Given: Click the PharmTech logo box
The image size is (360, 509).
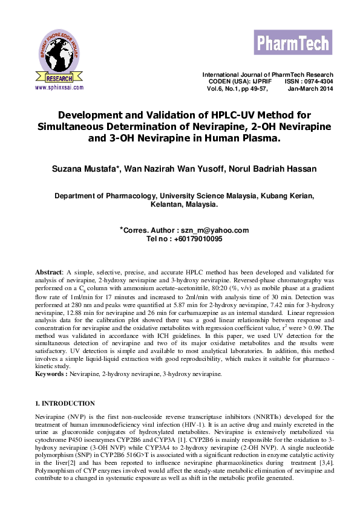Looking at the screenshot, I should pos(293,42).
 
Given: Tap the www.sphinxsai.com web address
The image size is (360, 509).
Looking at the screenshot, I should pos(59,87).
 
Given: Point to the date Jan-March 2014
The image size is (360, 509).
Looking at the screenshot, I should pos(311,88).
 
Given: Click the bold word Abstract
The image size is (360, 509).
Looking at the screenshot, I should pos(48,273).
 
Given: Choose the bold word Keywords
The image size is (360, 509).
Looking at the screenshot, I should pos(50,374).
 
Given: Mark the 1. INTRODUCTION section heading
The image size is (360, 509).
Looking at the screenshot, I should pos(65,403).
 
